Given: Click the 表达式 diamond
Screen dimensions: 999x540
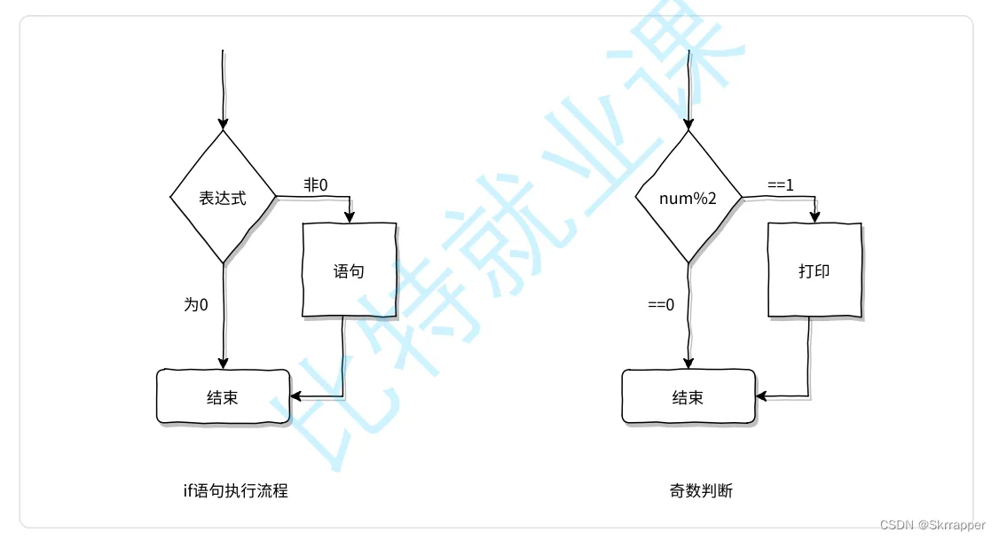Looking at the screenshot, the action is coord(223,197).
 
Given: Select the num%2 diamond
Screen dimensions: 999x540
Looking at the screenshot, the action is coord(688,197).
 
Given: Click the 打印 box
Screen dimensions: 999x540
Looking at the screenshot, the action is coord(814,270).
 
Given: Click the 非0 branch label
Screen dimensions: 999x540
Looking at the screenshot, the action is coord(316,184).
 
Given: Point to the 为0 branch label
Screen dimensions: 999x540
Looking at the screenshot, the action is coord(196,304).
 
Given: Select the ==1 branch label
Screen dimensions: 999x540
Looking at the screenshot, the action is coord(781,184).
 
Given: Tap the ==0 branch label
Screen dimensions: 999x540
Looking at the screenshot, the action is coord(661,304).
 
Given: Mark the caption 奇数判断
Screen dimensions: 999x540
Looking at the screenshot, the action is coord(701,489).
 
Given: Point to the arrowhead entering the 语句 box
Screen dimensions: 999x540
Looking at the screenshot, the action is coord(350,215).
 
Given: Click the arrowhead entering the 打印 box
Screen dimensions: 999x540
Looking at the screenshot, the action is coord(814,215).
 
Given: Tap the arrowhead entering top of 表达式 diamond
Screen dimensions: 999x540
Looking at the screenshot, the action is coord(223,123).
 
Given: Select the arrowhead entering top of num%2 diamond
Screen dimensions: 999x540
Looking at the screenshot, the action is coord(688,123).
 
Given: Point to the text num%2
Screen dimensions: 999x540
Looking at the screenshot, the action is coord(688,197).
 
